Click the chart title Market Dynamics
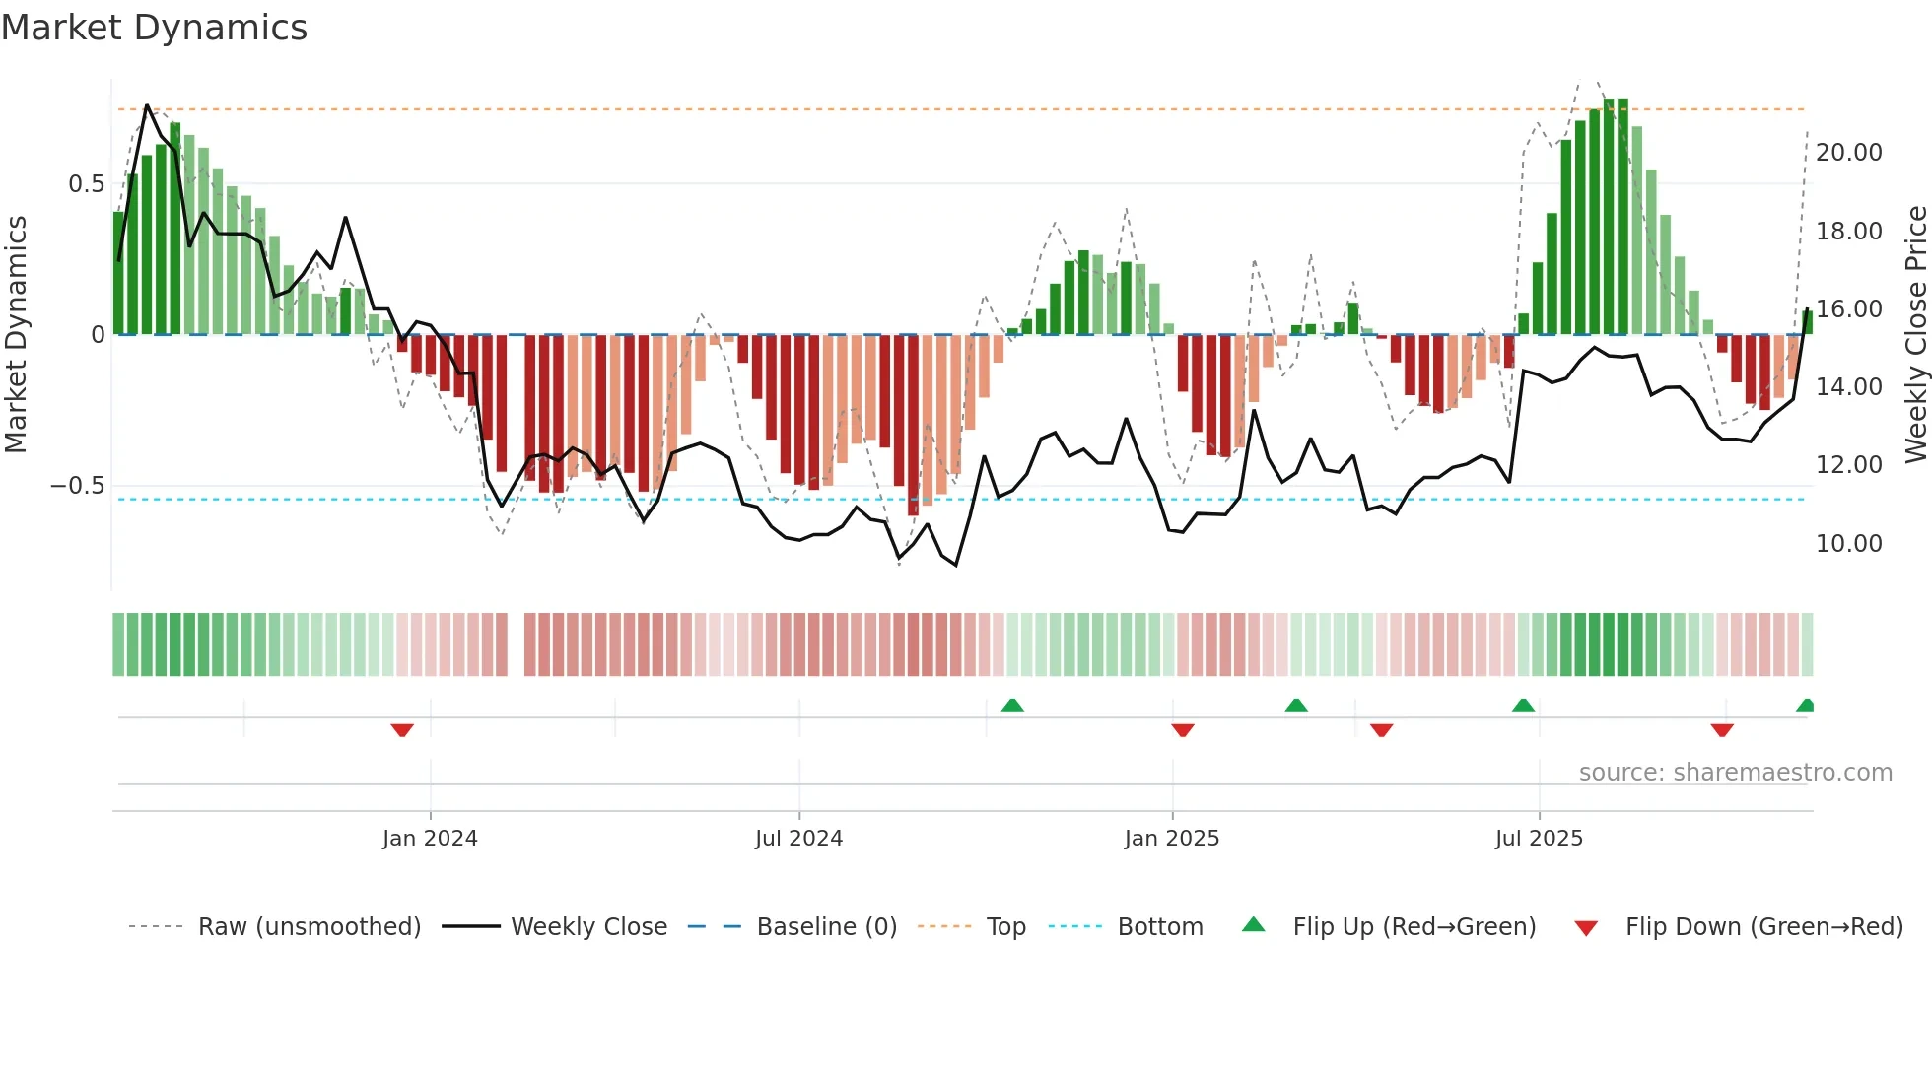tap(154, 28)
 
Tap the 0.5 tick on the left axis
tap(86, 184)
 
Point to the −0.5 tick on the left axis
tap(77, 486)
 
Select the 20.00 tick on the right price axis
tap(1848, 153)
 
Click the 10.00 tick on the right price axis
tap(1848, 544)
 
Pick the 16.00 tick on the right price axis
tap(1848, 309)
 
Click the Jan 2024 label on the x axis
tap(430, 839)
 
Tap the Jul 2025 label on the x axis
tap(1539, 839)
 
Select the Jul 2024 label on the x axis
tap(798, 839)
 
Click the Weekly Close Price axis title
tap(1915, 335)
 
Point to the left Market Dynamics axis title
tap(16, 335)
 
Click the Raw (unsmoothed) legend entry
tap(309, 927)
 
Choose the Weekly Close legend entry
tap(588, 927)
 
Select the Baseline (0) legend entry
tap(826, 927)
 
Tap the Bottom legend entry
tap(1159, 927)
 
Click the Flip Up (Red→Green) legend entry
tap(1414, 927)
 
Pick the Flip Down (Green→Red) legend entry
tap(1763, 927)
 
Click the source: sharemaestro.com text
tap(1735, 773)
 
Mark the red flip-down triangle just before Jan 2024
tap(402, 730)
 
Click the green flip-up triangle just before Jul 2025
tap(1523, 705)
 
